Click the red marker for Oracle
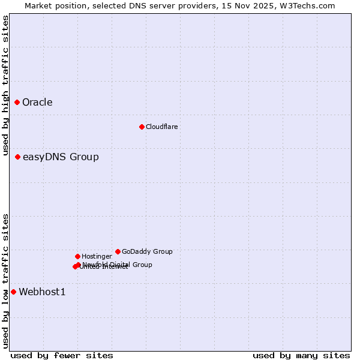pyautogui.click(x=17, y=103)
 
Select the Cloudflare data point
pyautogui.click(x=142, y=127)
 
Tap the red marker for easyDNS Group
pyautogui.click(x=18, y=157)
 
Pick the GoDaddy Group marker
pyautogui.click(x=118, y=251)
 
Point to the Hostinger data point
pyautogui.click(x=77, y=256)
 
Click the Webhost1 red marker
pyautogui.click(x=13, y=292)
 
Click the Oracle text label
pyautogui.click(x=37, y=103)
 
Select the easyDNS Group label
pyautogui.click(x=61, y=157)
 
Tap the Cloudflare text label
pyautogui.click(x=162, y=127)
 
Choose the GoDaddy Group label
pyautogui.click(x=147, y=251)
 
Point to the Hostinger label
pyautogui.click(x=97, y=256)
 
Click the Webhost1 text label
pyautogui.click(x=42, y=292)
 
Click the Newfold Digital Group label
pyautogui.click(x=118, y=264)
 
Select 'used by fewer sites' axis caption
pyautogui.click(x=62, y=355)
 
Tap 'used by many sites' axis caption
pyautogui.click(x=301, y=355)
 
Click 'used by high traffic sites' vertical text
pyautogui.click(x=6, y=86)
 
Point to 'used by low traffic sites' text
pyautogui.click(x=6, y=280)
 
